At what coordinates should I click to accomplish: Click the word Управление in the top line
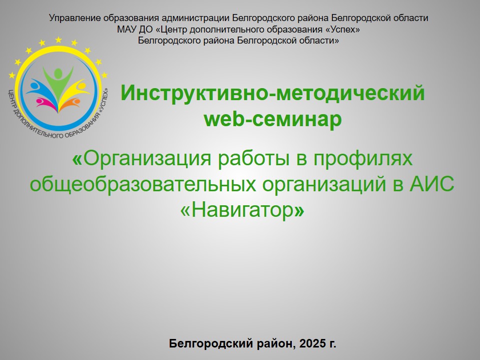pyautogui.click(x=75, y=19)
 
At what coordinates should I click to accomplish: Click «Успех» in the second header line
pyautogui.click(x=342, y=30)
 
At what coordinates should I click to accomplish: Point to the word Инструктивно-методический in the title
pyautogui.click(x=273, y=93)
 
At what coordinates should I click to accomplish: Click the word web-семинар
pyautogui.click(x=273, y=119)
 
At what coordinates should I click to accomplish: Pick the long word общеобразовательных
pyautogui.click(x=143, y=185)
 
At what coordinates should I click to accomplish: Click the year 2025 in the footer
pyautogui.click(x=312, y=343)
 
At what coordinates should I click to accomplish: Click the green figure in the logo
pyautogui.click(x=58, y=83)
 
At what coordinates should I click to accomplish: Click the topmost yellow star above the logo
pyautogui.click(x=58, y=40)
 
